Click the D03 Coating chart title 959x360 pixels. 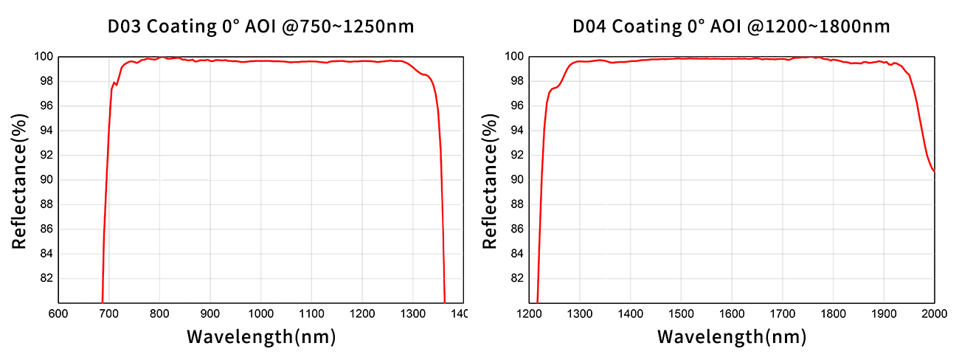click(261, 27)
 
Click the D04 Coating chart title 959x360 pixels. click(732, 27)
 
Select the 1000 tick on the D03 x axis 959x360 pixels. click(260, 314)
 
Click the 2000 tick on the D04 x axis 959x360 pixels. click(934, 314)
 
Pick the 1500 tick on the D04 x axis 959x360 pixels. click(681, 314)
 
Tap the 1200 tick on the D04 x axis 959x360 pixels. click(529, 314)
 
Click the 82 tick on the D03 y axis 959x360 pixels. click(45, 278)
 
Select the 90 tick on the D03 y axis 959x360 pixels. click(45, 180)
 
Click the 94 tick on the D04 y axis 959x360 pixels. click(516, 131)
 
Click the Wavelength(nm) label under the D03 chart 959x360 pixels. click(261, 338)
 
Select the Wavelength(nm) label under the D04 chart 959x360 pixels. click(732, 338)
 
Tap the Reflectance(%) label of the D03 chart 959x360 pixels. click(20, 179)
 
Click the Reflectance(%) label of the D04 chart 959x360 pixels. click(491, 179)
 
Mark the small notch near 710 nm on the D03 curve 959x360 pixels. click(115, 83)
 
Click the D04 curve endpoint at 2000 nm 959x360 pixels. click(934, 171)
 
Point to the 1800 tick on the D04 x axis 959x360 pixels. click(833, 314)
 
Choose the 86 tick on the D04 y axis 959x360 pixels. click(516, 229)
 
